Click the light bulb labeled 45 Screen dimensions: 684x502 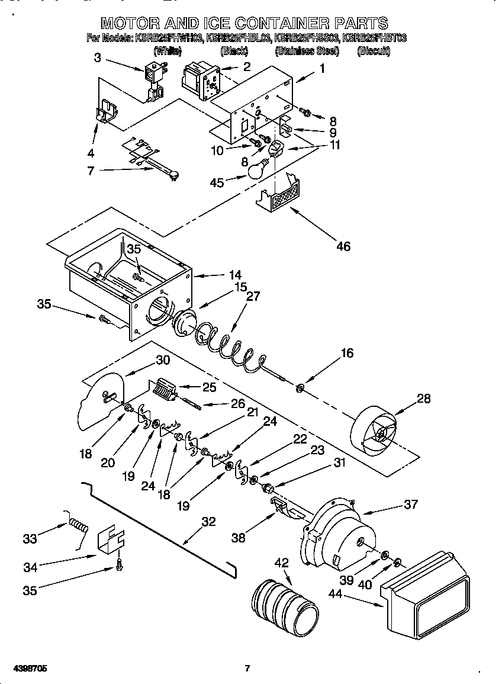coord(256,171)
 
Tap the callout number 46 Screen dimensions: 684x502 coord(343,246)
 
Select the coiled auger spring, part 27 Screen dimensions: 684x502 coord(228,345)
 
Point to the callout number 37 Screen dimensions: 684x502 coord(410,504)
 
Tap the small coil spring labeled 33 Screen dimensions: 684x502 coord(78,523)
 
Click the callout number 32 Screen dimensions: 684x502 coord(208,522)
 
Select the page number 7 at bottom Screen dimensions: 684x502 coord(247,669)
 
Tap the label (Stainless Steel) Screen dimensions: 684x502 coord(307,52)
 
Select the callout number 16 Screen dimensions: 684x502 coord(347,353)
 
